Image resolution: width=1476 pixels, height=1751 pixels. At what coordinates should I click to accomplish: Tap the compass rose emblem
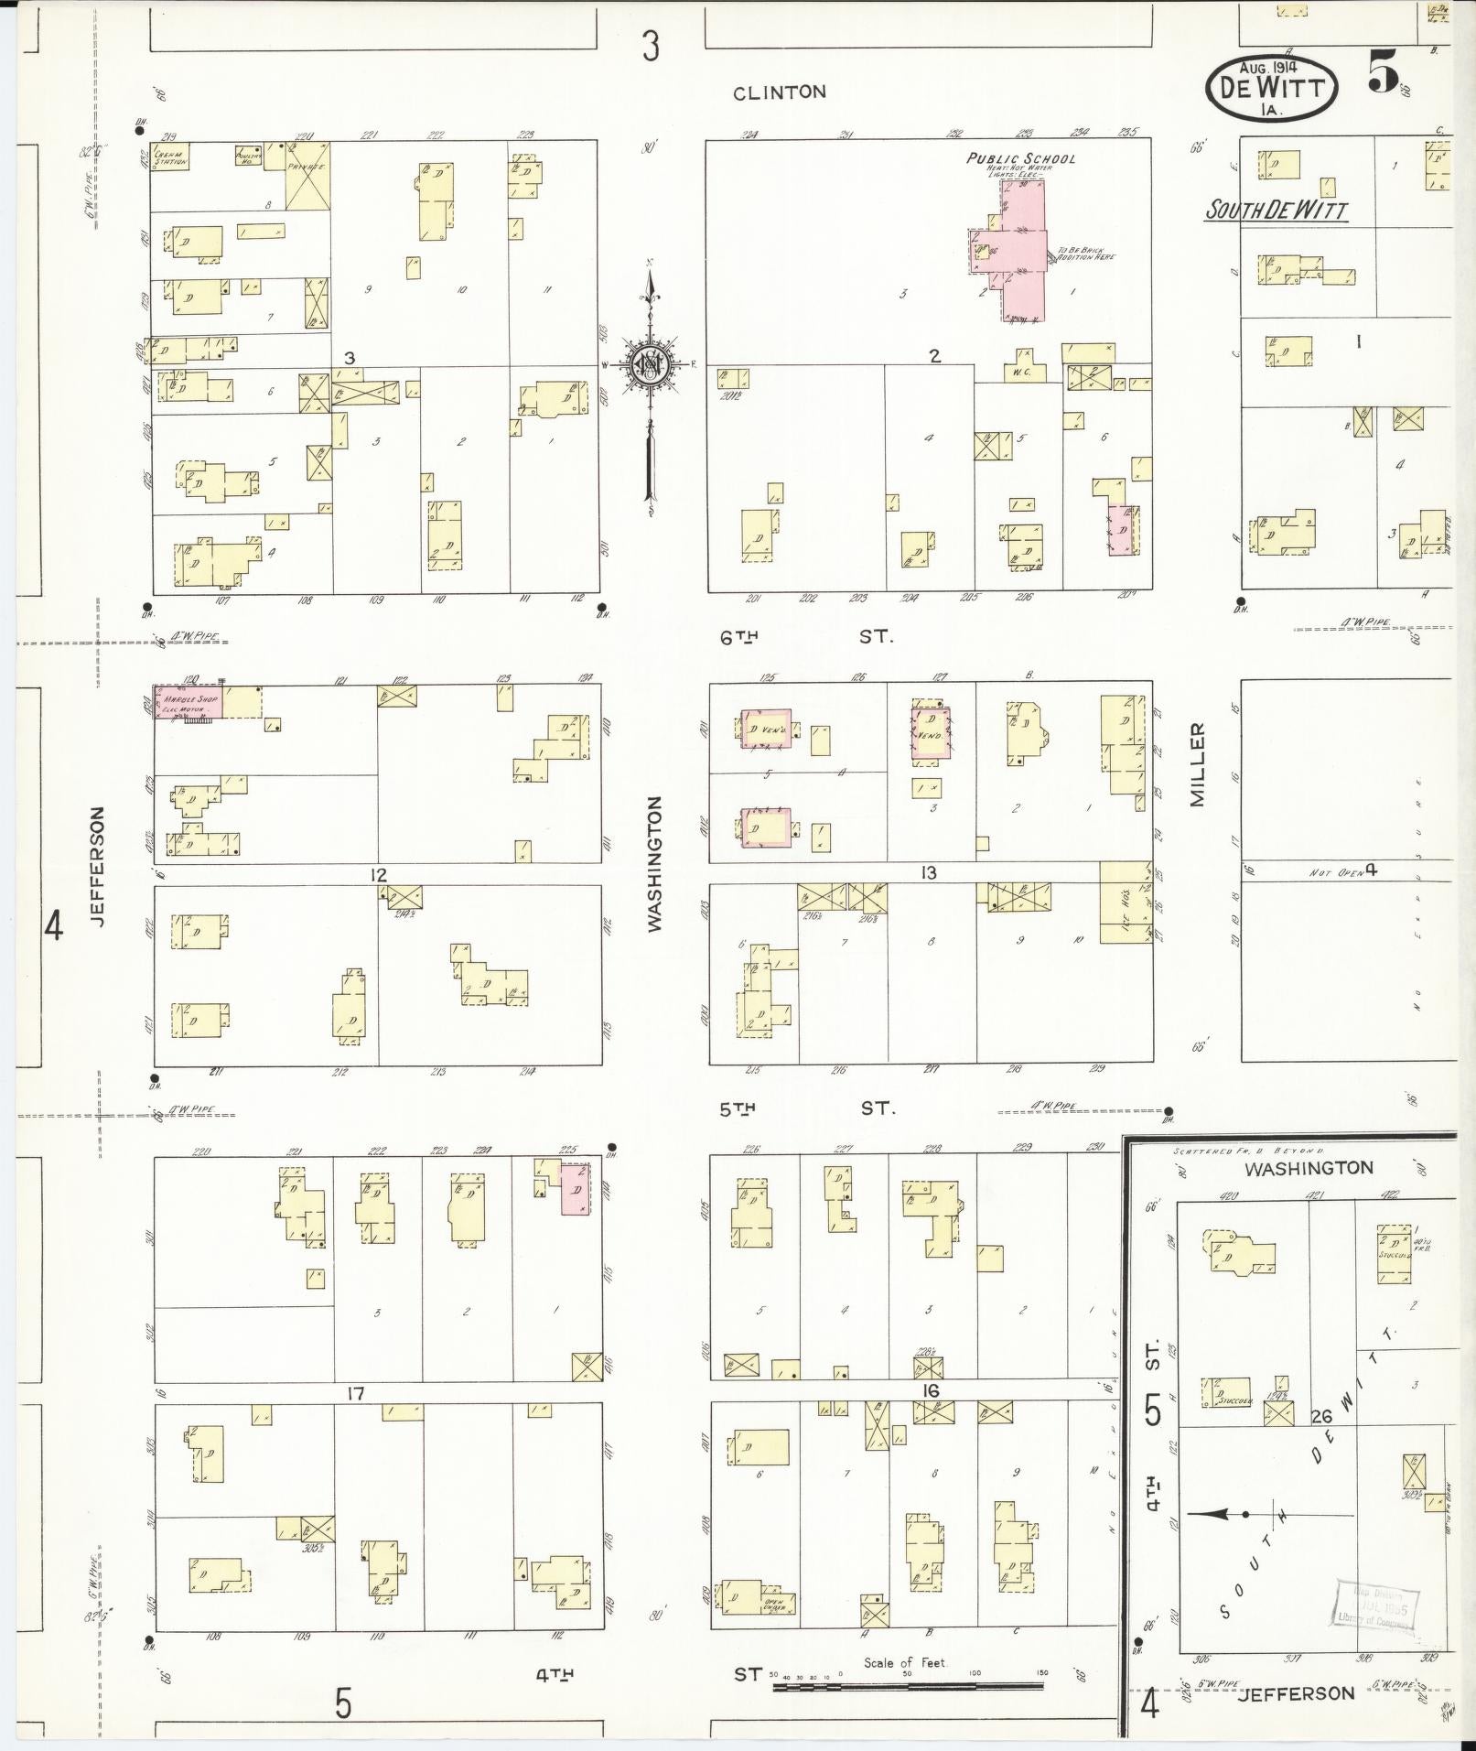click(649, 364)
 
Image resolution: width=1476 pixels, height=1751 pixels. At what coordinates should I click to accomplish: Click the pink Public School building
click(1023, 250)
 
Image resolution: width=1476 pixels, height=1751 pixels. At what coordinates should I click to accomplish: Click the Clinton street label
click(780, 92)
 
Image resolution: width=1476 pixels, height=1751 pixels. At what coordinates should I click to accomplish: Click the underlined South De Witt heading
click(1276, 211)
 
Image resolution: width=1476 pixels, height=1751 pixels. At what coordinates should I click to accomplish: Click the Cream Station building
click(171, 158)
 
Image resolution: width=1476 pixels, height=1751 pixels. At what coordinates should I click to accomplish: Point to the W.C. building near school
click(1022, 367)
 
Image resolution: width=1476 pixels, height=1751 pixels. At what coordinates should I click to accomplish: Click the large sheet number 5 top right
click(1383, 71)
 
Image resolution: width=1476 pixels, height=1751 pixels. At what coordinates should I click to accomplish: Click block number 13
click(929, 873)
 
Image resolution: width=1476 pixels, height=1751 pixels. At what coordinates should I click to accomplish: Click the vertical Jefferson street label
click(99, 866)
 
